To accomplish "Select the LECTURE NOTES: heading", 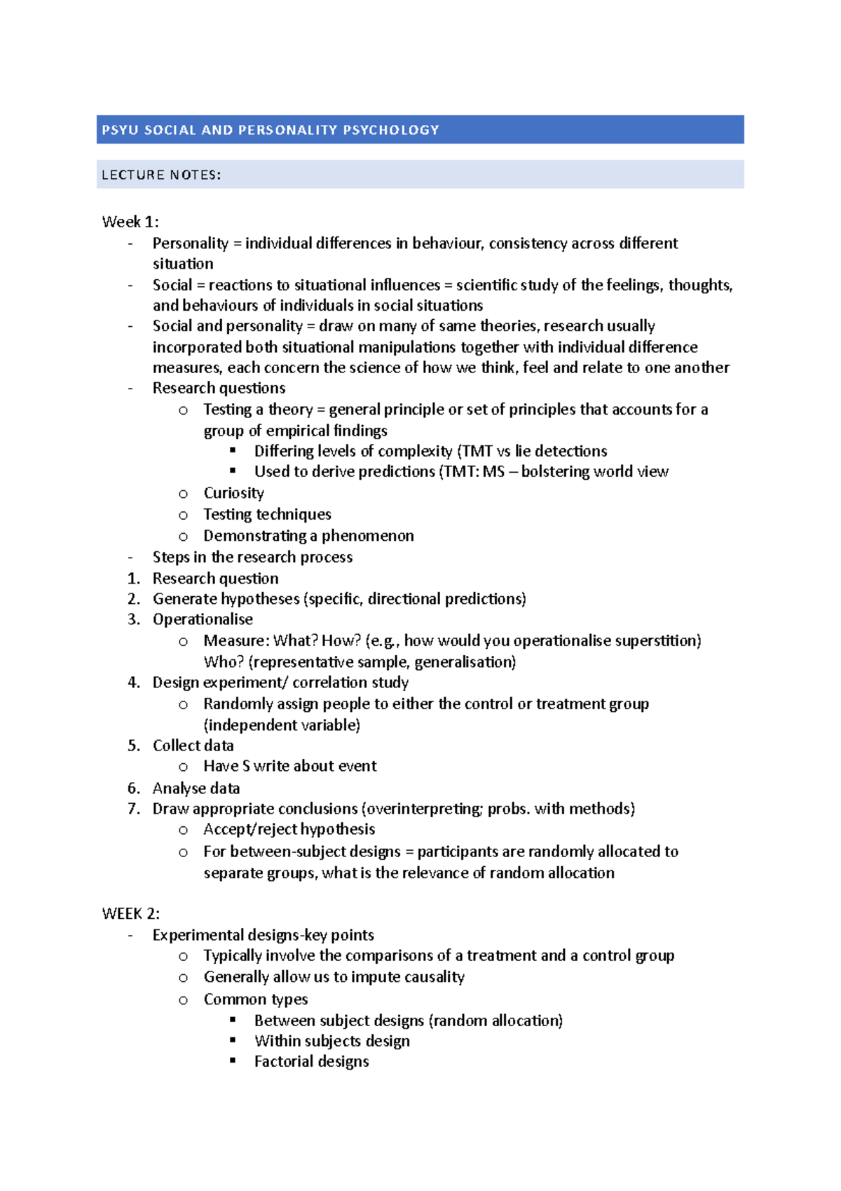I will [161, 175].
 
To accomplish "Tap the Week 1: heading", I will [130, 222].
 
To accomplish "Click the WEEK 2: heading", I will [131, 914].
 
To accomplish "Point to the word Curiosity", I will [233, 493].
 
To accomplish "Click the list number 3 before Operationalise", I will [133, 619].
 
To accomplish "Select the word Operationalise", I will [203, 619].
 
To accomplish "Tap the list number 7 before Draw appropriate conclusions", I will [133, 809].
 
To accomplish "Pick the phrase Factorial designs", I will [311, 1062].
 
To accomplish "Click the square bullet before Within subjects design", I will [233, 1040].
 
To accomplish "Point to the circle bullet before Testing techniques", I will [183, 516].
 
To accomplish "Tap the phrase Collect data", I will [193, 746].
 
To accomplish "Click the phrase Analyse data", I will [196, 788].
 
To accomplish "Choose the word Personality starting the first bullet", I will [190, 243].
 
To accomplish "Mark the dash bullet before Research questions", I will [131, 389].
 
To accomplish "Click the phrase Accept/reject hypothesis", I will [289, 830].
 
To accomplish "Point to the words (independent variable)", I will [282, 725].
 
